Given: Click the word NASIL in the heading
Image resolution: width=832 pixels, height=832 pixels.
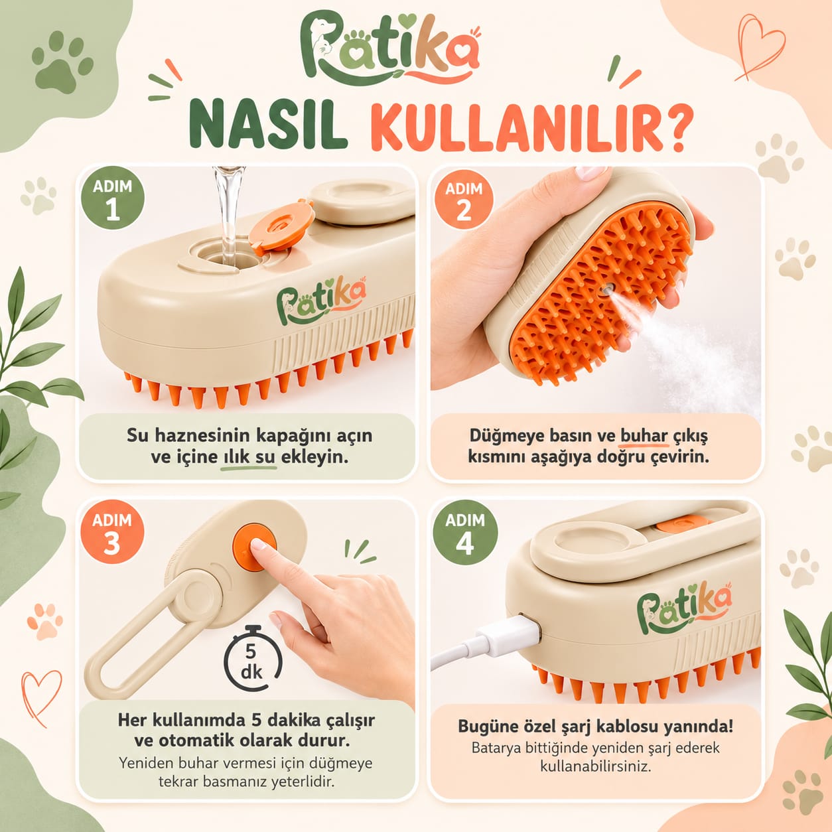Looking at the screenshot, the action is click(x=267, y=124).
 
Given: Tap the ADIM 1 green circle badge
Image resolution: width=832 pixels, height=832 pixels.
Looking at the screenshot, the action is click(x=112, y=198).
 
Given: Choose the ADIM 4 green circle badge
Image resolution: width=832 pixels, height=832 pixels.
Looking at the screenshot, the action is click(x=465, y=533).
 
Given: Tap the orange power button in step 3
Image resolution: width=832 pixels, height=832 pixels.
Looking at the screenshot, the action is click(x=254, y=547).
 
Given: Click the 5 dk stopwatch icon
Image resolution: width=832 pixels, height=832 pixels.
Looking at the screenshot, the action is click(x=252, y=659).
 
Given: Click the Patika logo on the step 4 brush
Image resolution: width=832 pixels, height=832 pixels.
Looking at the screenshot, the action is click(x=684, y=608).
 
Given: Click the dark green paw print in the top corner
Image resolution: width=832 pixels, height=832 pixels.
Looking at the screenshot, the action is click(x=62, y=62).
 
